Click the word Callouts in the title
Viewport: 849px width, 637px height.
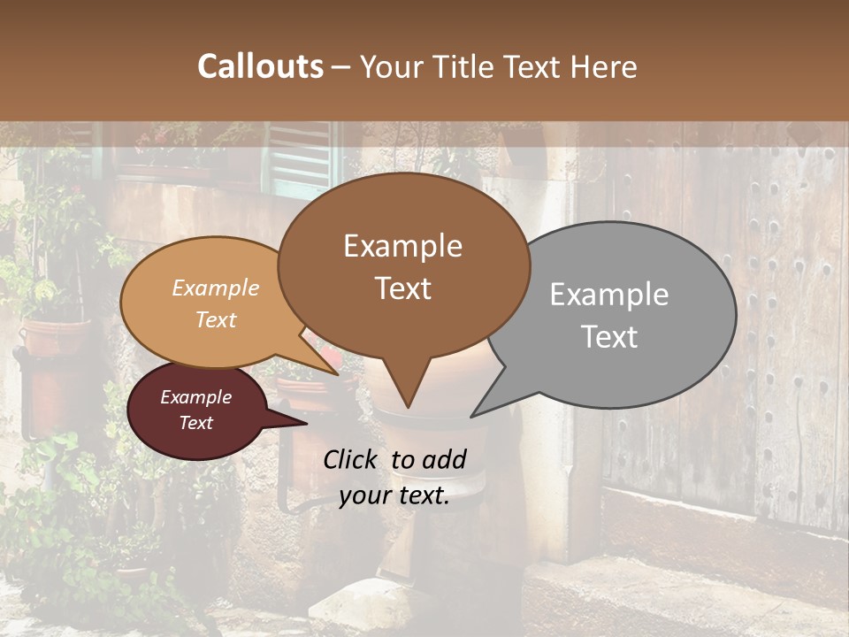click(260, 66)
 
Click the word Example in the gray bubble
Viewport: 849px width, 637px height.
click(609, 295)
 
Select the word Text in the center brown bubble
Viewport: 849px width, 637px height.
click(403, 288)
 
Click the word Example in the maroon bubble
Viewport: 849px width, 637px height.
click(195, 397)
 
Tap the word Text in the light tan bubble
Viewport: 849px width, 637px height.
click(216, 319)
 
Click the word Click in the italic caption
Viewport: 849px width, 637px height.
click(352, 459)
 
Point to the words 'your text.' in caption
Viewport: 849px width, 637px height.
click(394, 495)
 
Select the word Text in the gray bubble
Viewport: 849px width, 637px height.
click(610, 337)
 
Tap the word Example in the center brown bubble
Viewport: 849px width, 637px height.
click(403, 246)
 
